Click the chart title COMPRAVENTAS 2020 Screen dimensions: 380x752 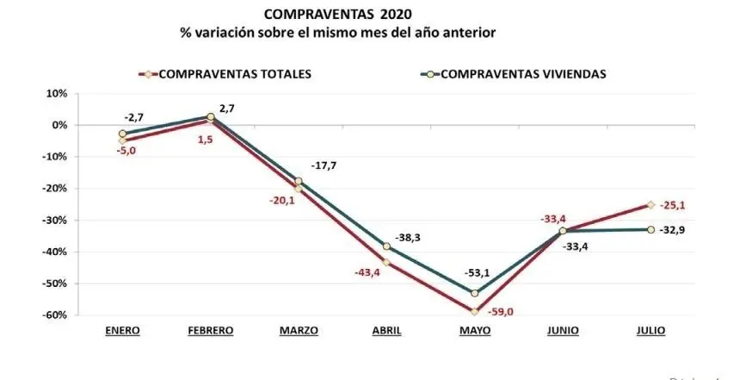[337, 15]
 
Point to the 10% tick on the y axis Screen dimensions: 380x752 [56, 93]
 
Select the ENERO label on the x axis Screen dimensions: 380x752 [123, 330]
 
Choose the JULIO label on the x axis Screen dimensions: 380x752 [650, 330]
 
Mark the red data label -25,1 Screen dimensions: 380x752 [680, 205]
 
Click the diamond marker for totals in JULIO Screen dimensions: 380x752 [650, 205]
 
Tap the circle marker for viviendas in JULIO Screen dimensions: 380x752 [650, 229]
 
